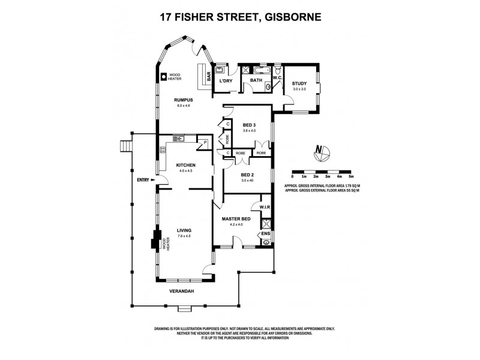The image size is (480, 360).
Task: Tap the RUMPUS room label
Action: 183,100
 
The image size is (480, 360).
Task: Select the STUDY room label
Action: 299,83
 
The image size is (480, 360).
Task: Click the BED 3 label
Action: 241,125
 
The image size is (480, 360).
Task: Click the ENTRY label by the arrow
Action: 143,179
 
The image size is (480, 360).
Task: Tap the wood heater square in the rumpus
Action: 163,76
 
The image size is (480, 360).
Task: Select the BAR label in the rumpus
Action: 208,76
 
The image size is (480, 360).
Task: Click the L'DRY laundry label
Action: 226,80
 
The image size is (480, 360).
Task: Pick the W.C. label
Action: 277,78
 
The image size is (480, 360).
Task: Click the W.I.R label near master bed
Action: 265,208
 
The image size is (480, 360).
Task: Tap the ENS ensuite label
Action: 266,233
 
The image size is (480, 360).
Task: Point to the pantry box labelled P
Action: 205,143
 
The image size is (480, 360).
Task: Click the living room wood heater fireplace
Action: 155,240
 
